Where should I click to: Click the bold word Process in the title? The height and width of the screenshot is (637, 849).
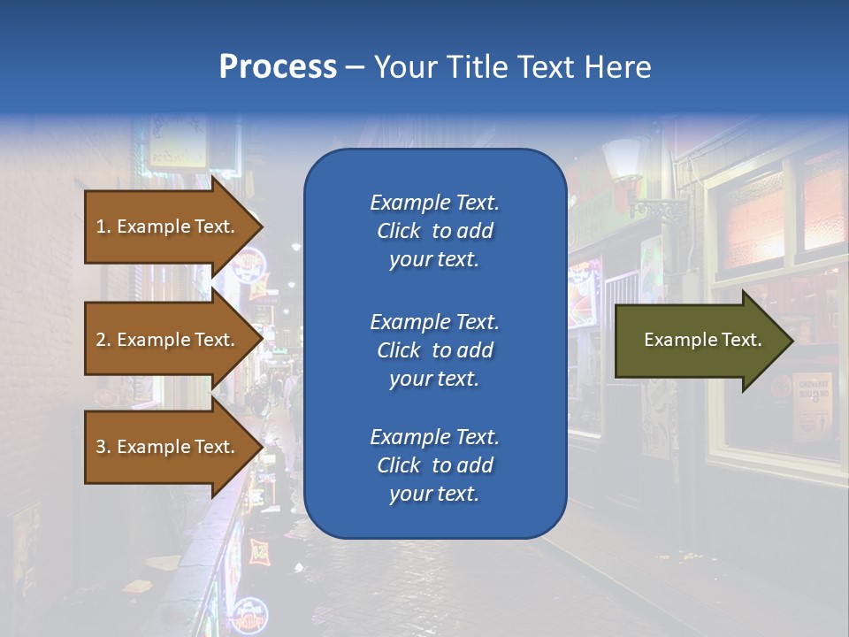point(278,67)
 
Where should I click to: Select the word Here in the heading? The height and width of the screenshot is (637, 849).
point(617,67)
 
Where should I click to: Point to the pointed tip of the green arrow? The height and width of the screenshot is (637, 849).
point(792,340)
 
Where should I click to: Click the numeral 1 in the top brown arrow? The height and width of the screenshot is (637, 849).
point(100,226)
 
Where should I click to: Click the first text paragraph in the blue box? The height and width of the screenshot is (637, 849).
point(434,231)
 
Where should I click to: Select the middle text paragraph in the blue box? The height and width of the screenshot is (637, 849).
point(434,350)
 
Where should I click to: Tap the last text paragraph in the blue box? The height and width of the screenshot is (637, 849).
point(434,465)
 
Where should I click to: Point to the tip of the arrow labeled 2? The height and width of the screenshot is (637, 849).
point(262,340)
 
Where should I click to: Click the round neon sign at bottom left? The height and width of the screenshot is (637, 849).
point(250,612)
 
